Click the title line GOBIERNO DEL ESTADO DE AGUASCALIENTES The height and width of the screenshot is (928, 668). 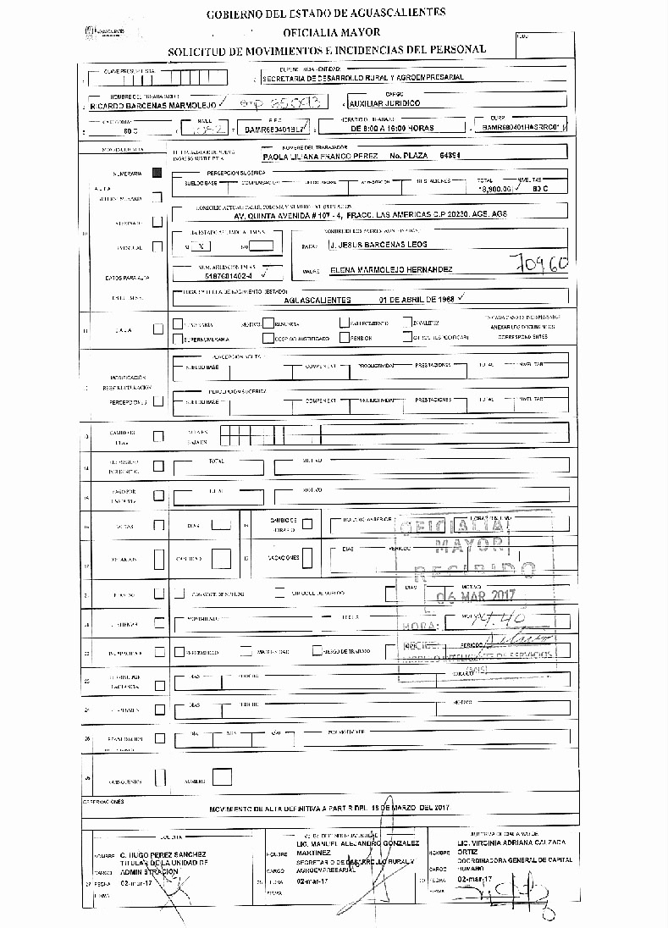click(x=326, y=13)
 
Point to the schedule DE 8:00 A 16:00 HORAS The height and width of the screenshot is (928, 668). click(x=392, y=128)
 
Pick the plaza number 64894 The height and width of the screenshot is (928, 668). click(x=449, y=157)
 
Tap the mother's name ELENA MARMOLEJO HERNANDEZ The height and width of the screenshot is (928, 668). click(x=379, y=270)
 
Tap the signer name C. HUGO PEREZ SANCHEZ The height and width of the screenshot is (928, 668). click(x=163, y=855)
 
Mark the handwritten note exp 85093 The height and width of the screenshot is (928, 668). click(x=280, y=103)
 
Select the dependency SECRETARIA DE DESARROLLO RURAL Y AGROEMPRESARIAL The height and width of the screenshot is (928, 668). click(x=363, y=77)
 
